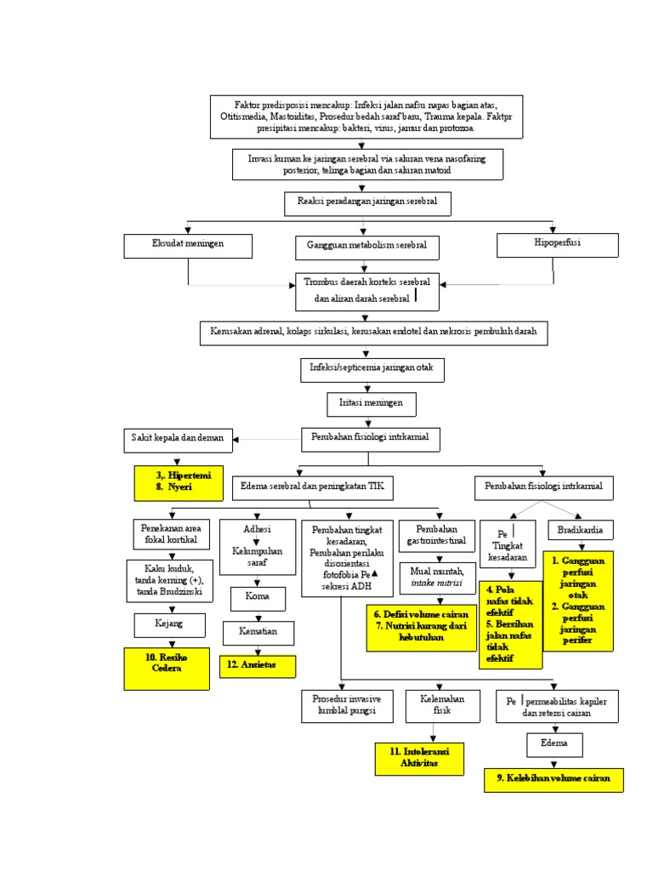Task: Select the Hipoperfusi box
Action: point(553,244)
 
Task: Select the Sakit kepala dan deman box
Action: point(178,439)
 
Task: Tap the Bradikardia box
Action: point(580,530)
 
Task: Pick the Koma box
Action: point(257,597)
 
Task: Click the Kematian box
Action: point(258,633)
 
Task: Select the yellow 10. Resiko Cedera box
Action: point(167,669)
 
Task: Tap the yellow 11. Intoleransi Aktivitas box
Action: point(419,758)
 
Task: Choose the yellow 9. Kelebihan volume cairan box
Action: point(554,779)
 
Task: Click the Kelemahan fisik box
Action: point(436,705)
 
